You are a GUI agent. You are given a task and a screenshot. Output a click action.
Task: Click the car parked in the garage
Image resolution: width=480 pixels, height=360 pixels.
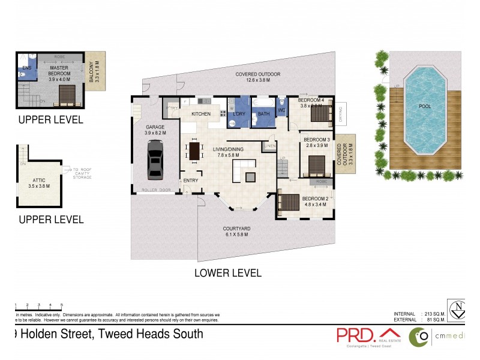[155, 159]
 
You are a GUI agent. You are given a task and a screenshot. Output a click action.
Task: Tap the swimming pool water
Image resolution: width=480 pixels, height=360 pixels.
[425, 108]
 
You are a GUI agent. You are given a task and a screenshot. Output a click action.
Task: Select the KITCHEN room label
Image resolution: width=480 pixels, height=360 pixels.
[200, 113]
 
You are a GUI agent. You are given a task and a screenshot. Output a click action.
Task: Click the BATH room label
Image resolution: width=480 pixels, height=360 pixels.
[264, 113]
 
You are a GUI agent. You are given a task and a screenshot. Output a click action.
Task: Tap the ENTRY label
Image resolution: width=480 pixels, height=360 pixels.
[191, 181]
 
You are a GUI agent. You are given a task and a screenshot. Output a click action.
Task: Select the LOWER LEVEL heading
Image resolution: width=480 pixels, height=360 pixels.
[227, 273]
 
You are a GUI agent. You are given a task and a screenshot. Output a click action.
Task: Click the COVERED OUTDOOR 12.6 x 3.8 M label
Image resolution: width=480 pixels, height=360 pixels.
[259, 76]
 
